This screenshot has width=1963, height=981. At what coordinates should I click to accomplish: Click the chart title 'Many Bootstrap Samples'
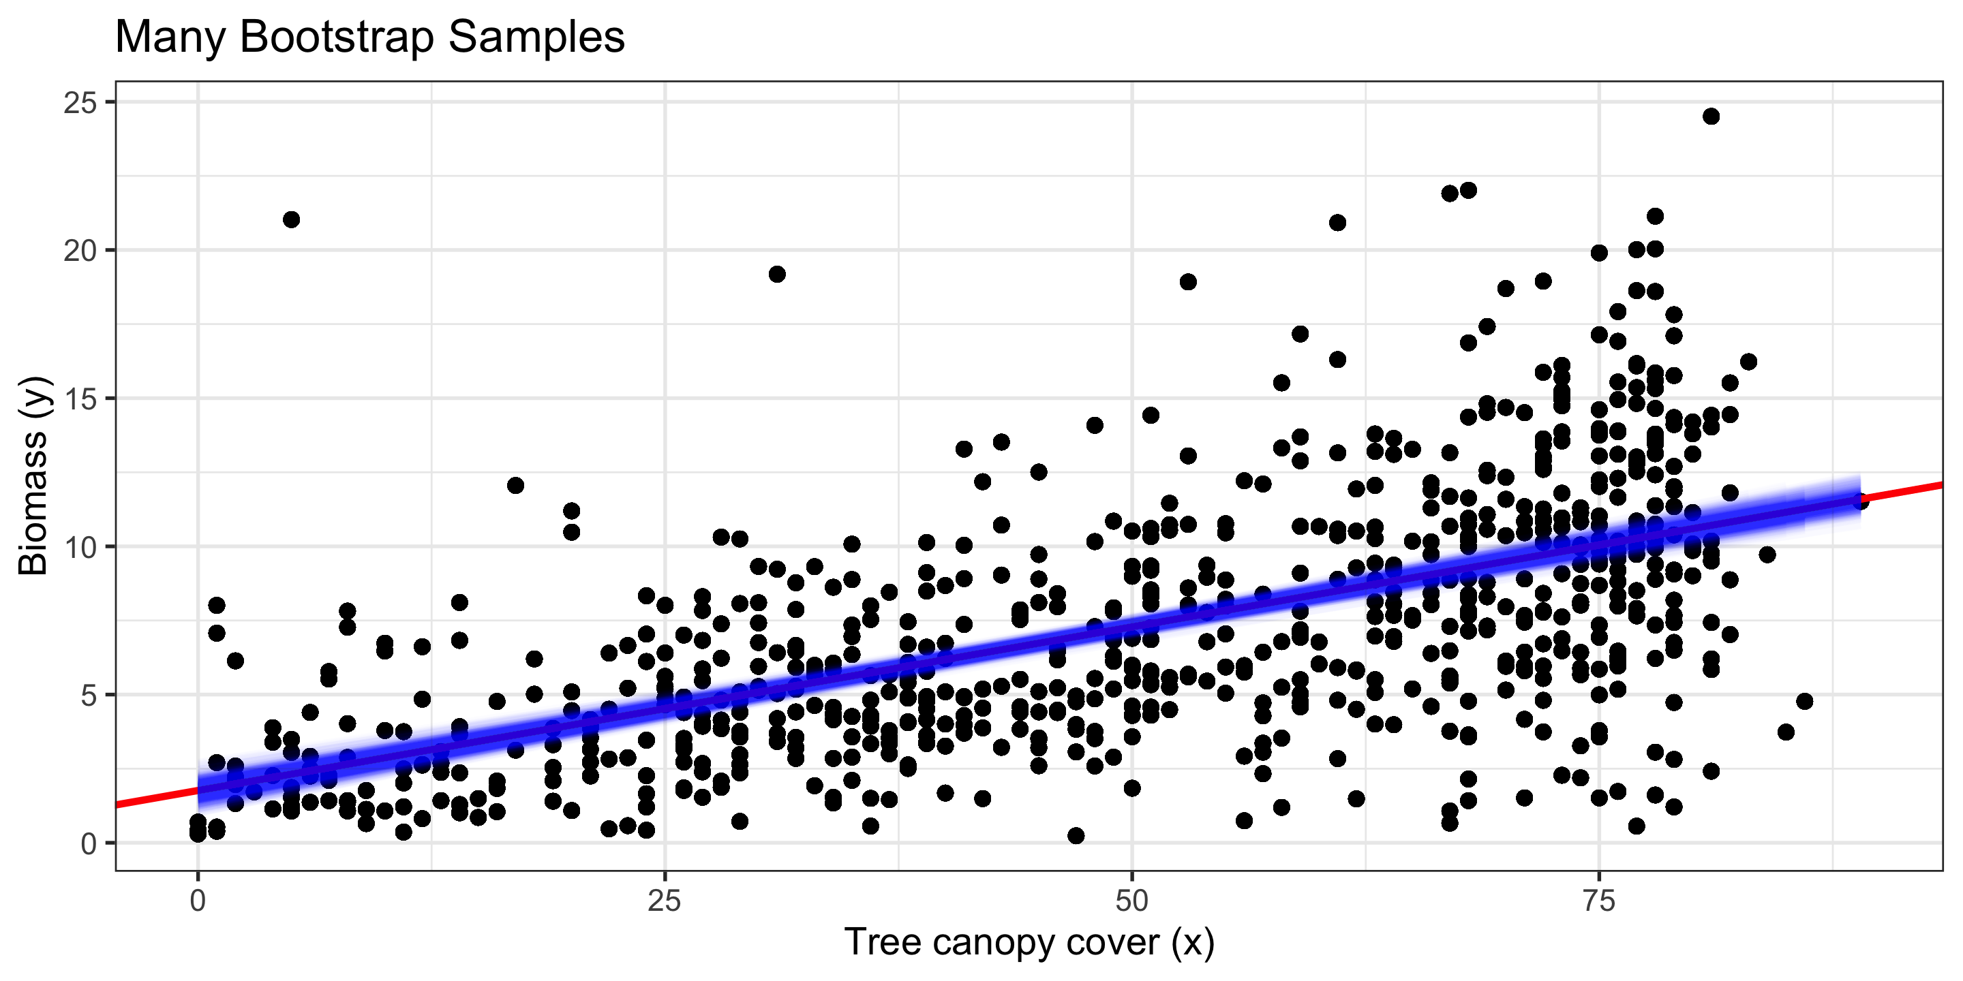369,37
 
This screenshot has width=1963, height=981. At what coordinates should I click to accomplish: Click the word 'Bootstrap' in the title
337,37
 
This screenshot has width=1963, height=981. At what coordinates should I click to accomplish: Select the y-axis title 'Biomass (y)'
33,476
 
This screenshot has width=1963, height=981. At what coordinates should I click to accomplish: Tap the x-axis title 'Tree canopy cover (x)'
1029,942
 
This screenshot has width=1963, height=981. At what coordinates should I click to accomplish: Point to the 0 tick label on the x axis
198,902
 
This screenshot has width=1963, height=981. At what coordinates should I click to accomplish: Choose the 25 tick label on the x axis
665,902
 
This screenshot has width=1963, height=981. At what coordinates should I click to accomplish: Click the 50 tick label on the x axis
1131,902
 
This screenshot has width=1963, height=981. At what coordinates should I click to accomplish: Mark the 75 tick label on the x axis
1599,902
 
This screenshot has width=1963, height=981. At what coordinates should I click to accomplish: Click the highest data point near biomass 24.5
1711,116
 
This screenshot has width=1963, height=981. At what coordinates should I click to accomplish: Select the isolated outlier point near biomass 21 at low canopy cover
291,220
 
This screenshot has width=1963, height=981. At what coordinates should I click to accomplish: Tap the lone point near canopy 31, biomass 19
776,274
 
